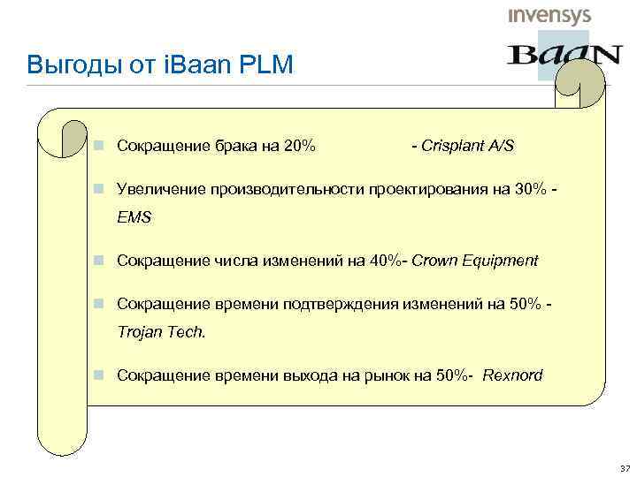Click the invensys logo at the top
pos(549,16)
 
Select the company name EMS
pos(134,216)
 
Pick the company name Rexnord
pos(513,375)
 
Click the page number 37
pos(625,467)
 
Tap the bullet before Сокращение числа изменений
pos(103,261)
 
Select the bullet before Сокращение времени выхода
pos(103,375)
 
